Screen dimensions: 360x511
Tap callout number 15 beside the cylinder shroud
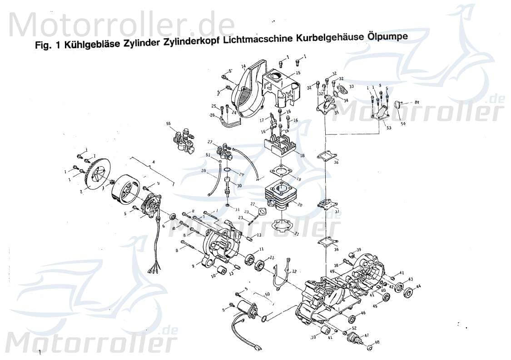pos(298,74)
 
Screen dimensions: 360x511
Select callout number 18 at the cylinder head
pos(302,155)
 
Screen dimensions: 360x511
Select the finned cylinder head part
pos(279,144)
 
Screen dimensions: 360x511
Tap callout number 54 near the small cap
pos(403,123)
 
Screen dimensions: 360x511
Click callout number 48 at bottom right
pos(377,342)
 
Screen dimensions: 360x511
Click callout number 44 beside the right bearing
pos(418,286)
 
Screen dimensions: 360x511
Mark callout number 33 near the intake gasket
pos(351,86)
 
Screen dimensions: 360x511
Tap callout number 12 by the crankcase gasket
pos(294,271)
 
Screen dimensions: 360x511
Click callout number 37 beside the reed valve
pos(337,212)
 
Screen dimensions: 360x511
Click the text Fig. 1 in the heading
pos(48,47)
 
